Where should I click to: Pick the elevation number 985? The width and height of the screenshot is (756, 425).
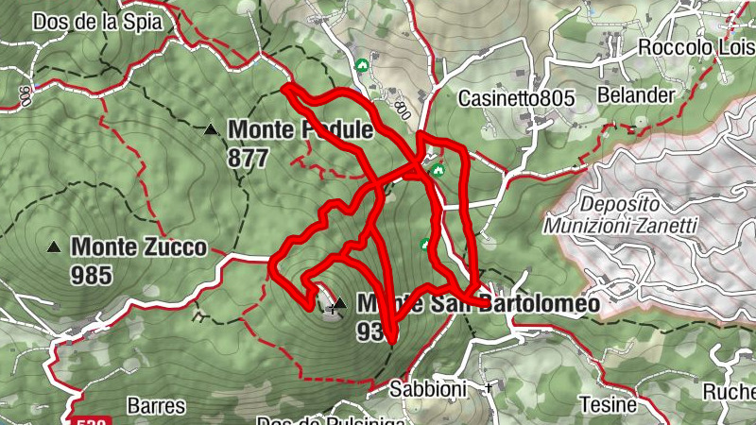pos(91,275)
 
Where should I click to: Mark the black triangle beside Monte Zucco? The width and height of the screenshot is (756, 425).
pos(54,247)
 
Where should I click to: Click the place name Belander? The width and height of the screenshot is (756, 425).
pos(636,95)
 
